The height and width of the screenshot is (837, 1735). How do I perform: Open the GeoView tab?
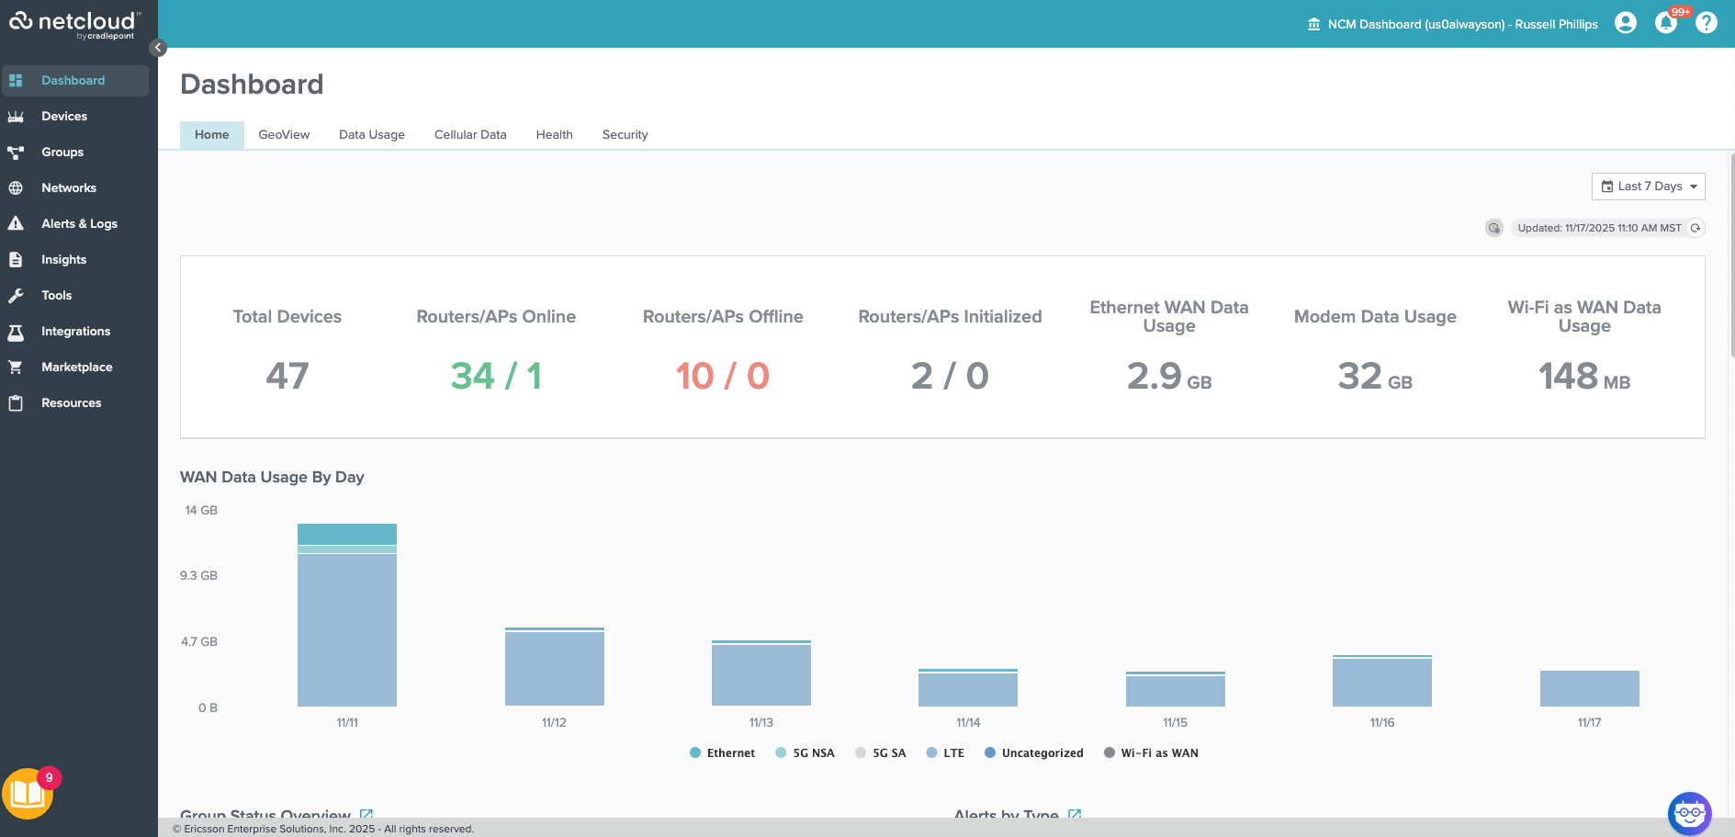pyautogui.click(x=284, y=135)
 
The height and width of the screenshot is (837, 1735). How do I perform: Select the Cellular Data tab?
pyautogui.click(x=470, y=135)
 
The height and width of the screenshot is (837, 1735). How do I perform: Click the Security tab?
pyautogui.click(x=625, y=135)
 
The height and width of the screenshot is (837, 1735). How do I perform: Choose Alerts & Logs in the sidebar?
pyautogui.click(x=79, y=224)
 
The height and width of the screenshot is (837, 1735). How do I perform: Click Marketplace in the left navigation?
pyautogui.click(x=76, y=368)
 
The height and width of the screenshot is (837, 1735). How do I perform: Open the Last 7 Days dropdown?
pyautogui.click(x=1648, y=187)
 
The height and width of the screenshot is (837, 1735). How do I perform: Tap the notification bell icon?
pyautogui.click(x=1665, y=23)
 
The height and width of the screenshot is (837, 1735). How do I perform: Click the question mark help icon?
pyautogui.click(x=1707, y=23)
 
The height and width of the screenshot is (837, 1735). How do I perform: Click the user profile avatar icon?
pyautogui.click(x=1625, y=23)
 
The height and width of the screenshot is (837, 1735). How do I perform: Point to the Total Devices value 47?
pyautogui.click(x=287, y=376)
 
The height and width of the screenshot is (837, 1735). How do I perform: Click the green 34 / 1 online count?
pyautogui.click(x=496, y=376)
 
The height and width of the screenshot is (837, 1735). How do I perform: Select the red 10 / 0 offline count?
pyautogui.click(x=723, y=376)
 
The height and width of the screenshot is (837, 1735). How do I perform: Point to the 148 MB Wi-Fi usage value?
pyautogui.click(x=1583, y=377)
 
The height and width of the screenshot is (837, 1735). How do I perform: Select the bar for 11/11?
pyautogui.click(x=347, y=625)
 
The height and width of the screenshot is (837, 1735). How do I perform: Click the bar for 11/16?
pyautogui.click(x=1381, y=682)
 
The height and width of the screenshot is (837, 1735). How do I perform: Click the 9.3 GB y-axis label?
pyautogui.click(x=198, y=576)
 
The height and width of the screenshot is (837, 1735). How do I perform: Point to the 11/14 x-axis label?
pyautogui.click(x=968, y=723)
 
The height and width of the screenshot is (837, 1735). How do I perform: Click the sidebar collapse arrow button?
pyautogui.click(x=158, y=48)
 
